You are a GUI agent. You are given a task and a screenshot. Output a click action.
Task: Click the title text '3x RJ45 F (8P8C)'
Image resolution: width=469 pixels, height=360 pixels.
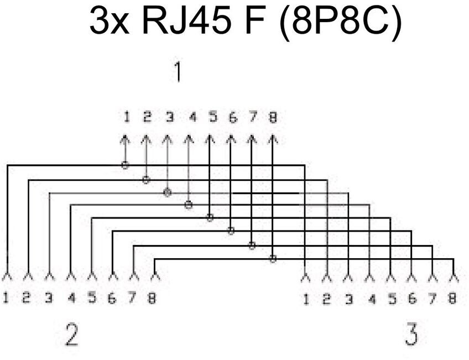tap(245, 23)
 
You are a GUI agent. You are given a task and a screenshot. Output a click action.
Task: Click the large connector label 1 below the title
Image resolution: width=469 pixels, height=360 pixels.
tap(178, 72)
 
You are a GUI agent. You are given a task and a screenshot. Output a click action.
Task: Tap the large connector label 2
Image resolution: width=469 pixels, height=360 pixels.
tap(71, 335)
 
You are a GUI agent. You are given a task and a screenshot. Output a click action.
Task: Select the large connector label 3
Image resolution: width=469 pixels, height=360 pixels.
tap(411, 335)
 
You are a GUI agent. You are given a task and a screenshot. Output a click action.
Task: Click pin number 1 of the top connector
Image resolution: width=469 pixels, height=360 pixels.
tap(127, 117)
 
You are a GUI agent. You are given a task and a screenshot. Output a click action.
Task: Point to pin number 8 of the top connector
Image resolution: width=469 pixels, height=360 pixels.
tap(272, 117)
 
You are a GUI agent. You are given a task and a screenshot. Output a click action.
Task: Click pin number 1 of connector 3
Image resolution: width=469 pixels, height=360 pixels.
tap(305, 299)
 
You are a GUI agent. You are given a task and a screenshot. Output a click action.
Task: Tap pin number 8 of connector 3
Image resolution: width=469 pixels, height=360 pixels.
tap(452, 299)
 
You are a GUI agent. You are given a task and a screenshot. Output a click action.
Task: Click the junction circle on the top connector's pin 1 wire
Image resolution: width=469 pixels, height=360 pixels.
tap(126, 165)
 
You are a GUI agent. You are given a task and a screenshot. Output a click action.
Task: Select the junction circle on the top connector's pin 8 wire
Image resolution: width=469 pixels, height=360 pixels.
tap(273, 258)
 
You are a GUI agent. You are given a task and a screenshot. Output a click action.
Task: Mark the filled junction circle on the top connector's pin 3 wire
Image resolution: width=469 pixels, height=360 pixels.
tap(167, 192)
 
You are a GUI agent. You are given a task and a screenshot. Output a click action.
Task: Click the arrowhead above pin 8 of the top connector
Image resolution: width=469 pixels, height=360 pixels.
tap(272, 138)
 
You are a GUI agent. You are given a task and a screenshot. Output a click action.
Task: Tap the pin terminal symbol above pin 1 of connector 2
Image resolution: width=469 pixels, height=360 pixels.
tap(7, 275)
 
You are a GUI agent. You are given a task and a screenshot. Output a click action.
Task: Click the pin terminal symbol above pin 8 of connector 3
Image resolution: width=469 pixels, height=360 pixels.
tap(454, 275)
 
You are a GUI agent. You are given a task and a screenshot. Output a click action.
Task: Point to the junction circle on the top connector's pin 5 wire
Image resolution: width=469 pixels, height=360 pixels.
tap(210, 218)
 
